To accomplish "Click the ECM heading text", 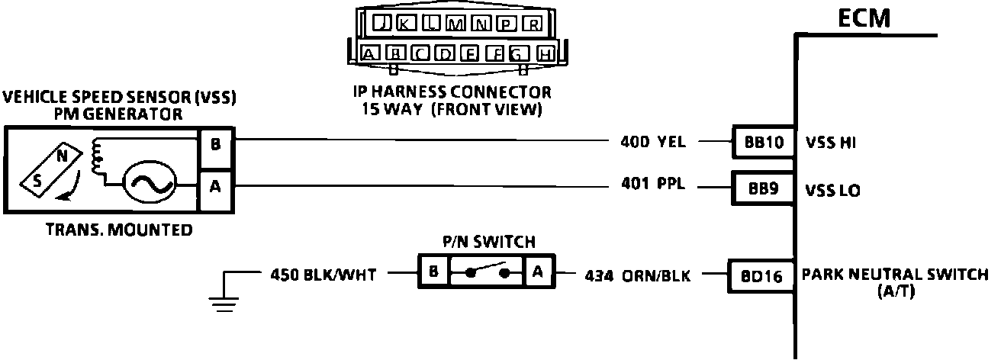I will (864, 18).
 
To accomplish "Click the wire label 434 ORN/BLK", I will (637, 275).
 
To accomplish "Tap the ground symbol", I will (221, 301).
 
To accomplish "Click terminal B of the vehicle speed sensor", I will (215, 142).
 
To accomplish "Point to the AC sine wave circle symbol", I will (150, 182).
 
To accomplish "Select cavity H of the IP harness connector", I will (545, 53).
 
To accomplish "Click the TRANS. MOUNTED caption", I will (119, 230).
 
